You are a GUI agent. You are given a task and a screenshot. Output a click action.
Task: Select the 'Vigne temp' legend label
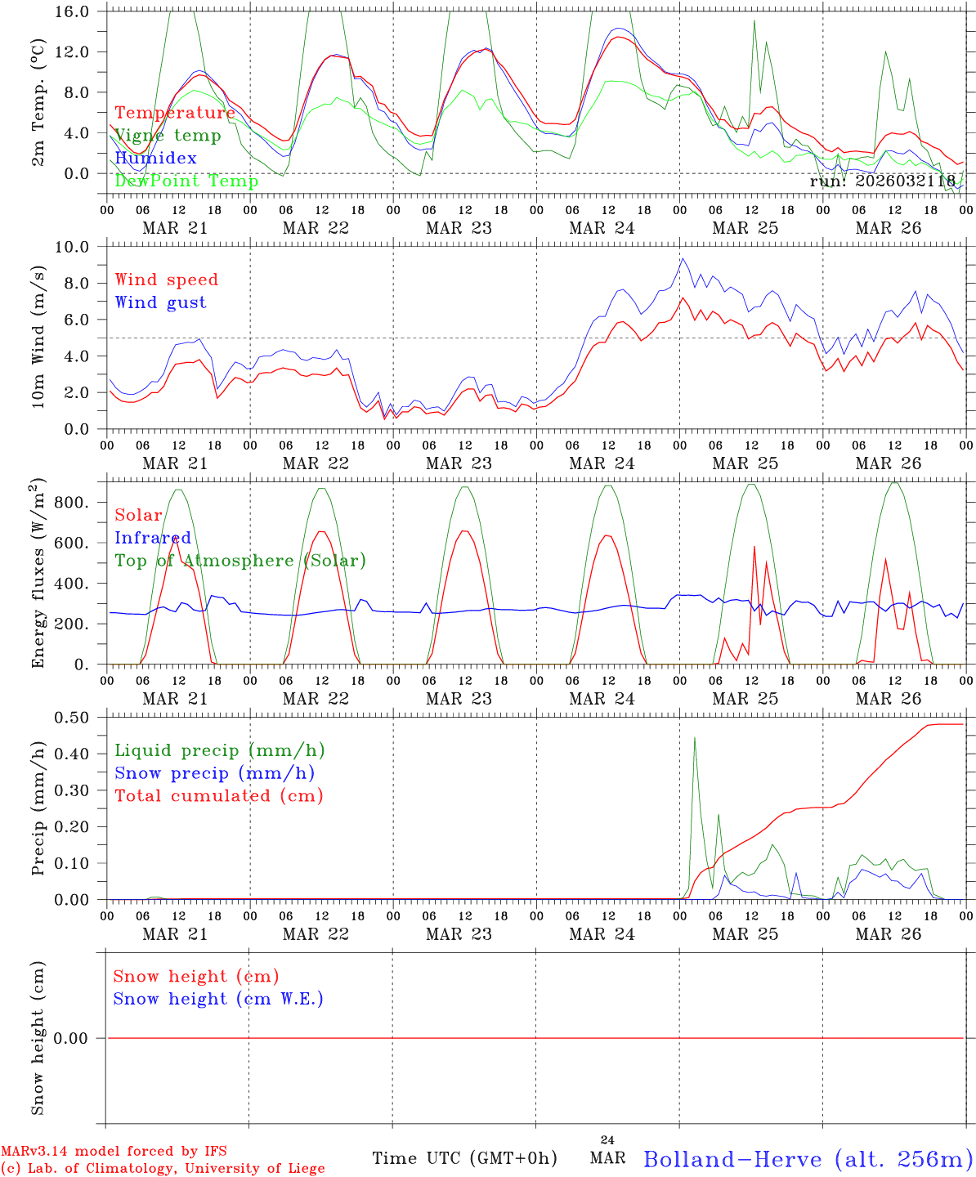[x=168, y=136]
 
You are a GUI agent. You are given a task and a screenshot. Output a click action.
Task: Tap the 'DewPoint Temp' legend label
[x=186, y=181]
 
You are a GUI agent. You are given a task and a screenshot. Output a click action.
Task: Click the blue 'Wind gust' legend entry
[x=160, y=302]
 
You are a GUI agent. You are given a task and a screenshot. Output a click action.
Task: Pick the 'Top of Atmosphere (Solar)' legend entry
[x=240, y=561]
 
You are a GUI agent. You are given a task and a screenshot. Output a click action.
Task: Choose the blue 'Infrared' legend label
[x=153, y=538]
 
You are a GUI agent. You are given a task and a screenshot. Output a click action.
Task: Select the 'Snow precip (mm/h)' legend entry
[x=214, y=773]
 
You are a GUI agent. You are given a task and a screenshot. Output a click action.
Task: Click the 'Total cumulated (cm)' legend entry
[x=219, y=796]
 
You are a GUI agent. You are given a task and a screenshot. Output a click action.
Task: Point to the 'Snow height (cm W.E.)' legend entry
[x=218, y=999]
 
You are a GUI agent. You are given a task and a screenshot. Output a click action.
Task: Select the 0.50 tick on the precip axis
[x=74, y=718]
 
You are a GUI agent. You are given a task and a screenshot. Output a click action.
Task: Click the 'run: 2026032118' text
[x=882, y=181]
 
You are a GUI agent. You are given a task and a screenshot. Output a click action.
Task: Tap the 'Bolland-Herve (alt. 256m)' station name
[x=808, y=1159]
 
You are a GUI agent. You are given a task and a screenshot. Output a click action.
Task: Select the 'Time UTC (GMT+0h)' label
[x=464, y=1158]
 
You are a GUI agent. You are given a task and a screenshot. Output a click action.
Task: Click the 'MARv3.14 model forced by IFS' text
[x=114, y=1151]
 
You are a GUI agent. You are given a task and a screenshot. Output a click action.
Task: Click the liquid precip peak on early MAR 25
[x=695, y=739]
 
